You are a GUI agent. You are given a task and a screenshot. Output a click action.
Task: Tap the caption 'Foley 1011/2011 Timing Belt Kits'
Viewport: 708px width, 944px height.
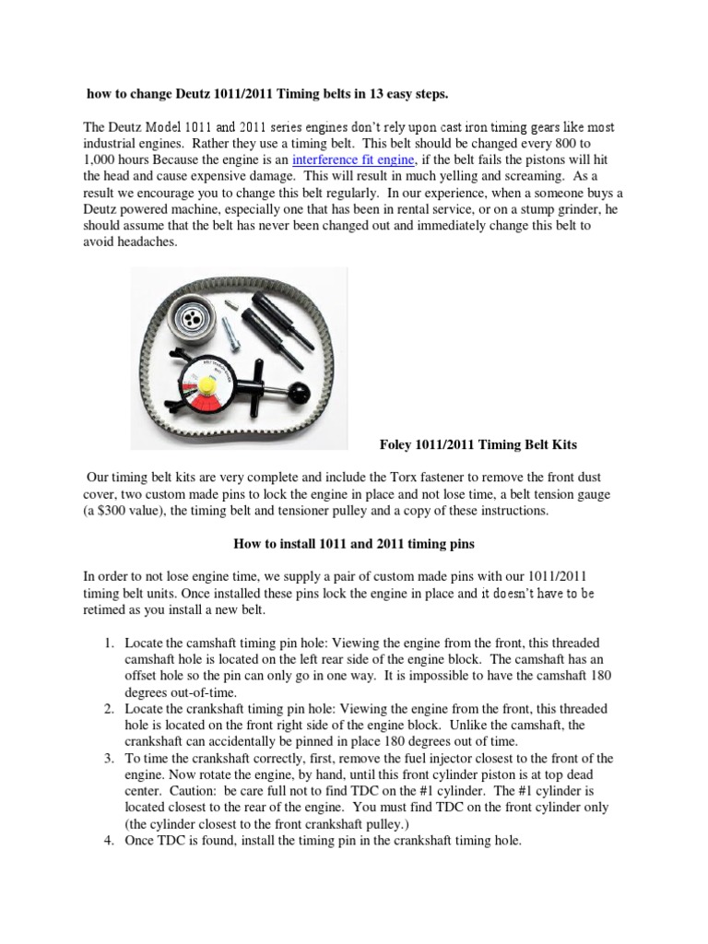click(478, 445)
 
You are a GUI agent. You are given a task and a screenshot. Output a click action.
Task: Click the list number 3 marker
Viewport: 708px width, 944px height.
click(108, 758)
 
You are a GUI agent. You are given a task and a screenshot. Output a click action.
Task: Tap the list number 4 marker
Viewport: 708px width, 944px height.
click(108, 841)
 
